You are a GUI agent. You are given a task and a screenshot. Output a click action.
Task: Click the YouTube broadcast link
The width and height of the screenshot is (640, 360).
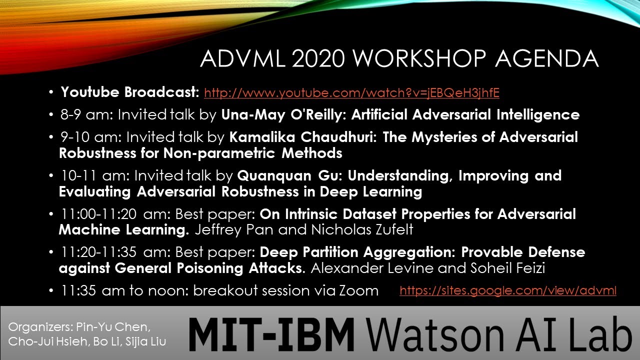pyautogui.click(x=351, y=92)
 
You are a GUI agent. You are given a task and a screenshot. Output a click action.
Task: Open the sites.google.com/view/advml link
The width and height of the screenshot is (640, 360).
pyautogui.click(x=507, y=290)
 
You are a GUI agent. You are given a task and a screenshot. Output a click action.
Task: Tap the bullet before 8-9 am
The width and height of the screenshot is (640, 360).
pyautogui.click(x=51, y=115)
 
